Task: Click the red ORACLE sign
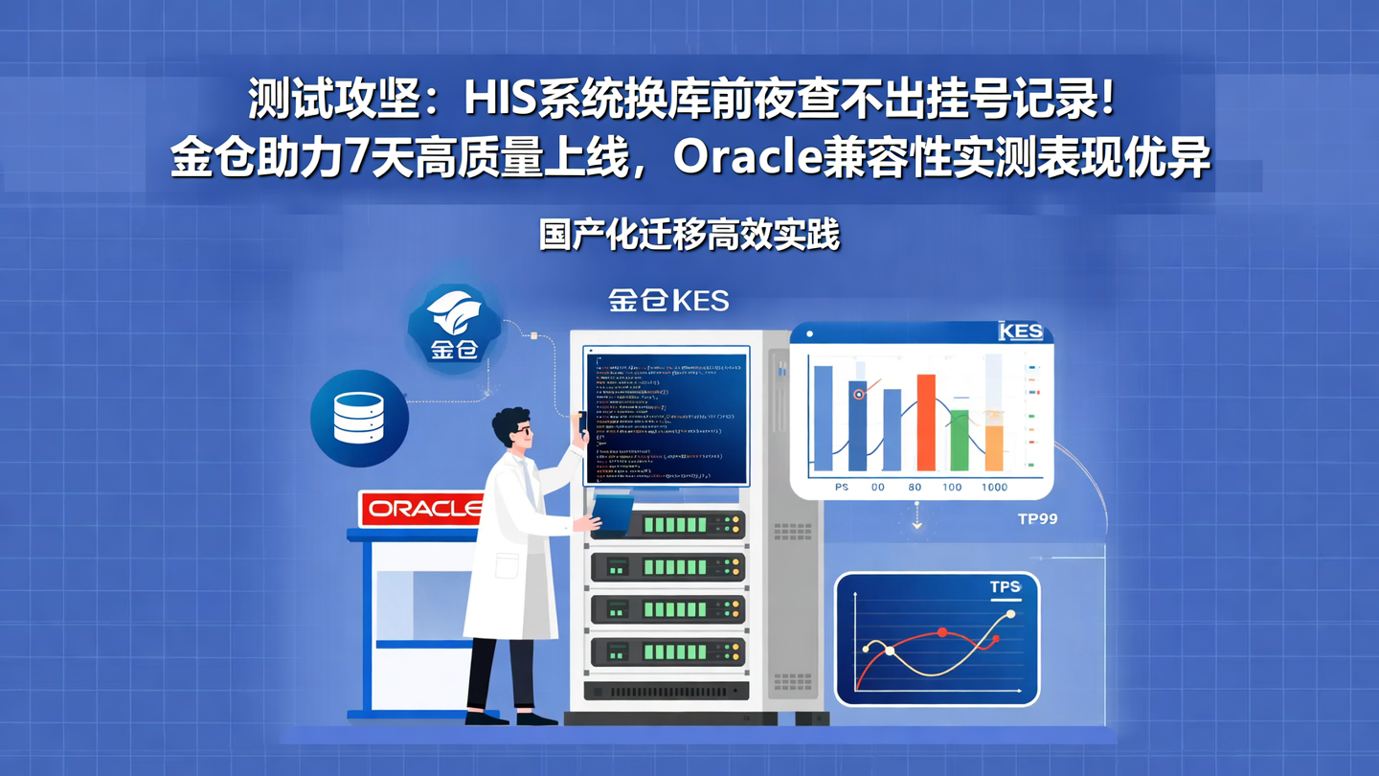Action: coord(421,509)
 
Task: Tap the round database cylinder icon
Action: coord(359,419)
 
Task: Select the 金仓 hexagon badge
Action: coord(454,326)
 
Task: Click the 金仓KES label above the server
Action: coord(668,301)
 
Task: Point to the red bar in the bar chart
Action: coord(926,422)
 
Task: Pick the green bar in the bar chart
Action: coord(959,440)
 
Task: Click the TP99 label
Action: coord(1037,519)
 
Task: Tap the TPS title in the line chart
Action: coord(1005,587)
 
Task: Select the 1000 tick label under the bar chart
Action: coord(994,488)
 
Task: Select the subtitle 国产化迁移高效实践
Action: coord(689,235)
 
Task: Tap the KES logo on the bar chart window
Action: coord(1020,331)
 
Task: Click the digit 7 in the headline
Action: coord(358,159)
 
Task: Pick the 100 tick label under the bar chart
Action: coord(952,488)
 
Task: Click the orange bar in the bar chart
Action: coord(994,446)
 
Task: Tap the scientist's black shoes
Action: coord(510,718)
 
